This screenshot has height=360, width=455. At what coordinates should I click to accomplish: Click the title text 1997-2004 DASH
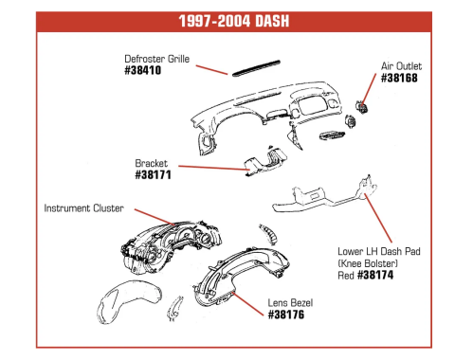pos(234,21)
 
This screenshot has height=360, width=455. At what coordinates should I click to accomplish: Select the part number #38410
pos(143,70)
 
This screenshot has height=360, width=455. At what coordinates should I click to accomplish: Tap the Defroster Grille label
pos(157,59)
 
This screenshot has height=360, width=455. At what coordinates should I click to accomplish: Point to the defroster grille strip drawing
pos(256,68)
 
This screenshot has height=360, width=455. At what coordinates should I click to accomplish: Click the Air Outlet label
pos(401,66)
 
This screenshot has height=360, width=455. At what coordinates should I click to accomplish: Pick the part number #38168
pos(399,78)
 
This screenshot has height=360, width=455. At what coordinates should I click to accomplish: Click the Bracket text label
pos(152,163)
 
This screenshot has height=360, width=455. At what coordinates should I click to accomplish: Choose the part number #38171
pos(154,175)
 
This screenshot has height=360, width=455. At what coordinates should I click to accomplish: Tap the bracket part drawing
pos(265,161)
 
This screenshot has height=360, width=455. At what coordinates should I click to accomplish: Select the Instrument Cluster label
pos(83,208)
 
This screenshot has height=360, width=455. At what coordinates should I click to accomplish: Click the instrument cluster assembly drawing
pos(171,246)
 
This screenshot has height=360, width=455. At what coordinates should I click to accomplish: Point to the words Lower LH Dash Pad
pos(379,251)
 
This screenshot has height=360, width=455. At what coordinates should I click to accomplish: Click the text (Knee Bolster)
pos(368,263)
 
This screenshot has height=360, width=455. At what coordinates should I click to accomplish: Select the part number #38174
pos(375,275)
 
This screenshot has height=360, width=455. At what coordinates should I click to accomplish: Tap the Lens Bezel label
pos(290,303)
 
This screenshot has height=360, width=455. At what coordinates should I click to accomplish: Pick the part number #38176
pos(286,315)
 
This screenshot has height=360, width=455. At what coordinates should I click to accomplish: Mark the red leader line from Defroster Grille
pos(211,70)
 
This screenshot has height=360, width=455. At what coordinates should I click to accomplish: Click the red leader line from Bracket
pos(214,168)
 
